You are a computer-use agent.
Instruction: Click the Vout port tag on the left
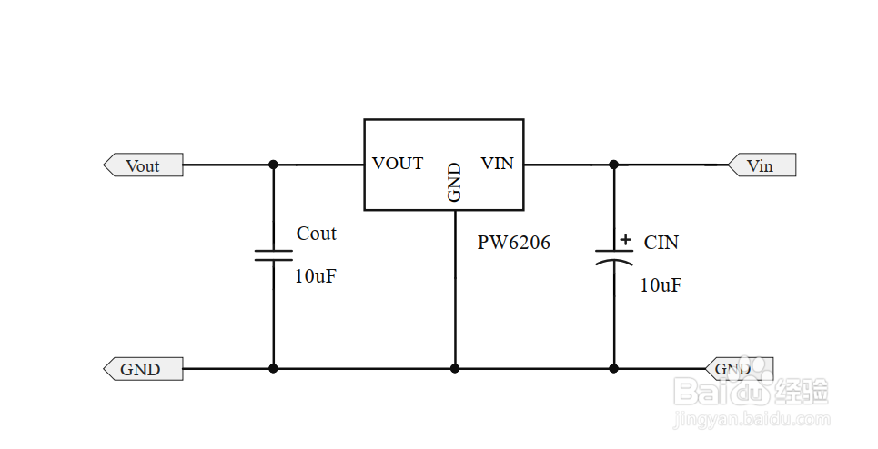(143, 165)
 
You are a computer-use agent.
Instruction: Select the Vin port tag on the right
(762, 165)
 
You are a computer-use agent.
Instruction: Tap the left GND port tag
(142, 369)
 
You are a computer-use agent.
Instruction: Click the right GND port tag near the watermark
(738, 369)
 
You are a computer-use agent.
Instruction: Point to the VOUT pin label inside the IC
(398, 164)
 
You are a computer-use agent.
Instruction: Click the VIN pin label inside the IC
(497, 164)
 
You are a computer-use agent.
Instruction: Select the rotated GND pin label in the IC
(455, 181)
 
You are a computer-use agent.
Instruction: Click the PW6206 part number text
(514, 243)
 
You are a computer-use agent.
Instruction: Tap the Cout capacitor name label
(316, 234)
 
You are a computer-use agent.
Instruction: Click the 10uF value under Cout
(315, 276)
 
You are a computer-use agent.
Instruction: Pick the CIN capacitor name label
(661, 243)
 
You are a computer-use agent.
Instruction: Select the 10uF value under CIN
(661, 285)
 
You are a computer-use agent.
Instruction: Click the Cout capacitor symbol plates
(273, 254)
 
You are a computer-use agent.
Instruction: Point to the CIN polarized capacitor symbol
(613, 257)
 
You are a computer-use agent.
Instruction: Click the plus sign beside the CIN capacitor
(626, 241)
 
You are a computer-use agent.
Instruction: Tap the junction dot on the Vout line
(273, 165)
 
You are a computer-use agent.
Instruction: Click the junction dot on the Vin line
(613, 165)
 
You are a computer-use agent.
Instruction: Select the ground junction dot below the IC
(455, 368)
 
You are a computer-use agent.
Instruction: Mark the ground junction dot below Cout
(273, 368)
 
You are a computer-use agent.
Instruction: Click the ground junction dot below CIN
(613, 368)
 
